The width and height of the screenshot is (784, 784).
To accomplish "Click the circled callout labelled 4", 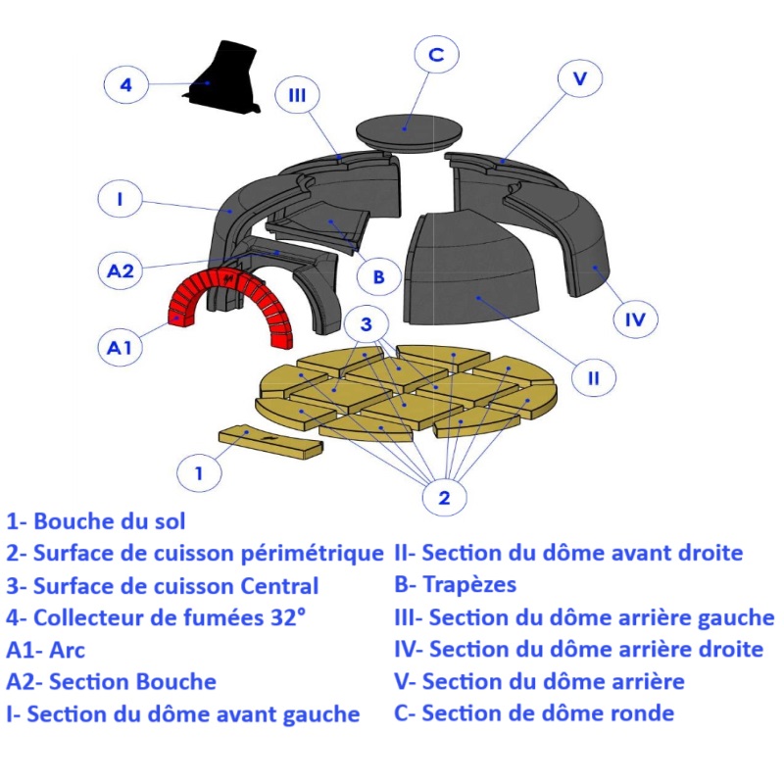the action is click(125, 84).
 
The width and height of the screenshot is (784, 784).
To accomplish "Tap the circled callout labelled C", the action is click(436, 55).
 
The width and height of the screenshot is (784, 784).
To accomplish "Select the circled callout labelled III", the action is click(298, 94).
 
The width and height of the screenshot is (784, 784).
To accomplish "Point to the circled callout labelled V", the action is click(579, 78).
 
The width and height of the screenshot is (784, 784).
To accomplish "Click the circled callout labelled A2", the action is click(121, 270).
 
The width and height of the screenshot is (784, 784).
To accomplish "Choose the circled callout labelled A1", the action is click(120, 347).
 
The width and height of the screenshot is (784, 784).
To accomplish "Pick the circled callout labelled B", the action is click(378, 276).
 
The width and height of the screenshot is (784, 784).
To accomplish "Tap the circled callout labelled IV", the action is click(635, 318).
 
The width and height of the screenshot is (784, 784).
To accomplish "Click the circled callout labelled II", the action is click(594, 377).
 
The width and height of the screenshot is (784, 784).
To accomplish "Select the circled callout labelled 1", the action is click(199, 472).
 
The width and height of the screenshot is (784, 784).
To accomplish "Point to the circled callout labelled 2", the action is click(444, 498).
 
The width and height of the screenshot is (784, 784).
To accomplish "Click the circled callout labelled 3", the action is click(366, 324).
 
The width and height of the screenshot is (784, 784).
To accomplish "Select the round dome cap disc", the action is click(408, 131).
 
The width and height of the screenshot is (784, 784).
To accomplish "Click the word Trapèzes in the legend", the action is click(469, 585).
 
